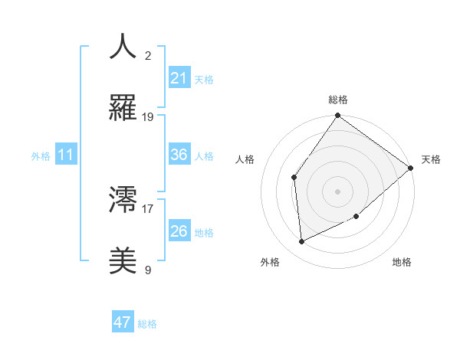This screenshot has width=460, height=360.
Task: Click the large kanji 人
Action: pyautogui.click(x=123, y=47)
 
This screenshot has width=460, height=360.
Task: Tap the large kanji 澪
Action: pyautogui.click(x=123, y=199)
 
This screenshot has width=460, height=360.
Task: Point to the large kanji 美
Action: pyautogui.click(x=123, y=260)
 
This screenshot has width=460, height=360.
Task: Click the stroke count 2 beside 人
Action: pyautogui.click(x=148, y=55)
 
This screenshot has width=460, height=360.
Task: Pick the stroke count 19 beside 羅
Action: pyautogui.click(x=148, y=116)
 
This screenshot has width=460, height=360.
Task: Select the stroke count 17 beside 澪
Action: pyautogui.click(x=148, y=208)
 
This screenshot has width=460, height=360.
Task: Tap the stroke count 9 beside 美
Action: pyautogui.click(x=148, y=269)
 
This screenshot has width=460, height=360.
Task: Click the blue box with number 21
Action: pyautogui.click(x=179, y=78)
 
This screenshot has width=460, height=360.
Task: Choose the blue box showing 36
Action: pyautogui.click(x=179, y=155)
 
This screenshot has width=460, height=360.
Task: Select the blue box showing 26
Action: pyautogui.click(x=179, y=231)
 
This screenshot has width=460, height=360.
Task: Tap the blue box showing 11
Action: pyautogui.click(x=66, y=155)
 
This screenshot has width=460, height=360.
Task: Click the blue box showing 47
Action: pyautogui.click(x=123, y=322)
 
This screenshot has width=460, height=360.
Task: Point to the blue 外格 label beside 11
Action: pyautogui.click(x=41, y=155)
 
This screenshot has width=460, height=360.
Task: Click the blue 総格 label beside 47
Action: pyautogui.click(x=147, y=324)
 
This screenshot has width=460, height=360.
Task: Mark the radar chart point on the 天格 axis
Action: pyautogui.click(x=411, y=169)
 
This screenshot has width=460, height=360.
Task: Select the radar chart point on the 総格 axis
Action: pyautogui.click(x=337, y=116)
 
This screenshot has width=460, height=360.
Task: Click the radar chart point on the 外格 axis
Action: pyautogui.click(x=302, y=241)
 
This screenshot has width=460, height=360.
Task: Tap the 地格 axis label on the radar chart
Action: pyautogui.click(x=402, y=262)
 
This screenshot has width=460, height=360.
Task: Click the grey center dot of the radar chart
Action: pyautogui.click(x=337, y=191)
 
